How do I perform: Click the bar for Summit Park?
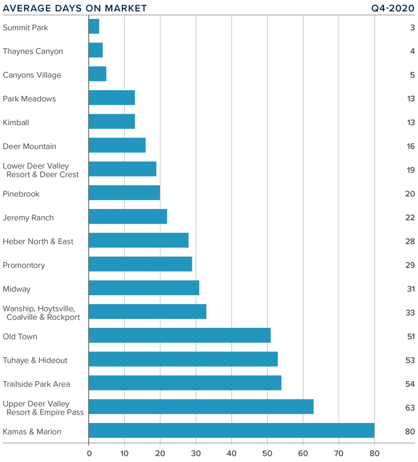coord(94,27)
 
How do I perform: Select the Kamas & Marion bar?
coord(231,431)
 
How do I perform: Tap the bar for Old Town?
coord(180,336)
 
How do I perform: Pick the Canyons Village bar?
coord(98,74)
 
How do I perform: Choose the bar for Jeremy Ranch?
coord(128,217)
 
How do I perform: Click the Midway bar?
coord(144,288)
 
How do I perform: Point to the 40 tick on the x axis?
coord(231,453)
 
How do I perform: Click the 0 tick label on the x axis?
coord(89,453)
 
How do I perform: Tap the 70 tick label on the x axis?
coord(339,453)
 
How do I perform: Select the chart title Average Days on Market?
coord(75,8)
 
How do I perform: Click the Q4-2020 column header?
coord(392,8)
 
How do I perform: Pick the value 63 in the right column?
coord(410,407)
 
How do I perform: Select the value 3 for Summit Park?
coord(412,28)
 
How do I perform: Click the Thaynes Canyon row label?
coord(33,51)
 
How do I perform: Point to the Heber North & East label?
coord(38,241)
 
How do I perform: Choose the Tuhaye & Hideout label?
coord(35,360)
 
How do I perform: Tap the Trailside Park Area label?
coord(37,384)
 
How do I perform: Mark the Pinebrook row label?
coord(21,194)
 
